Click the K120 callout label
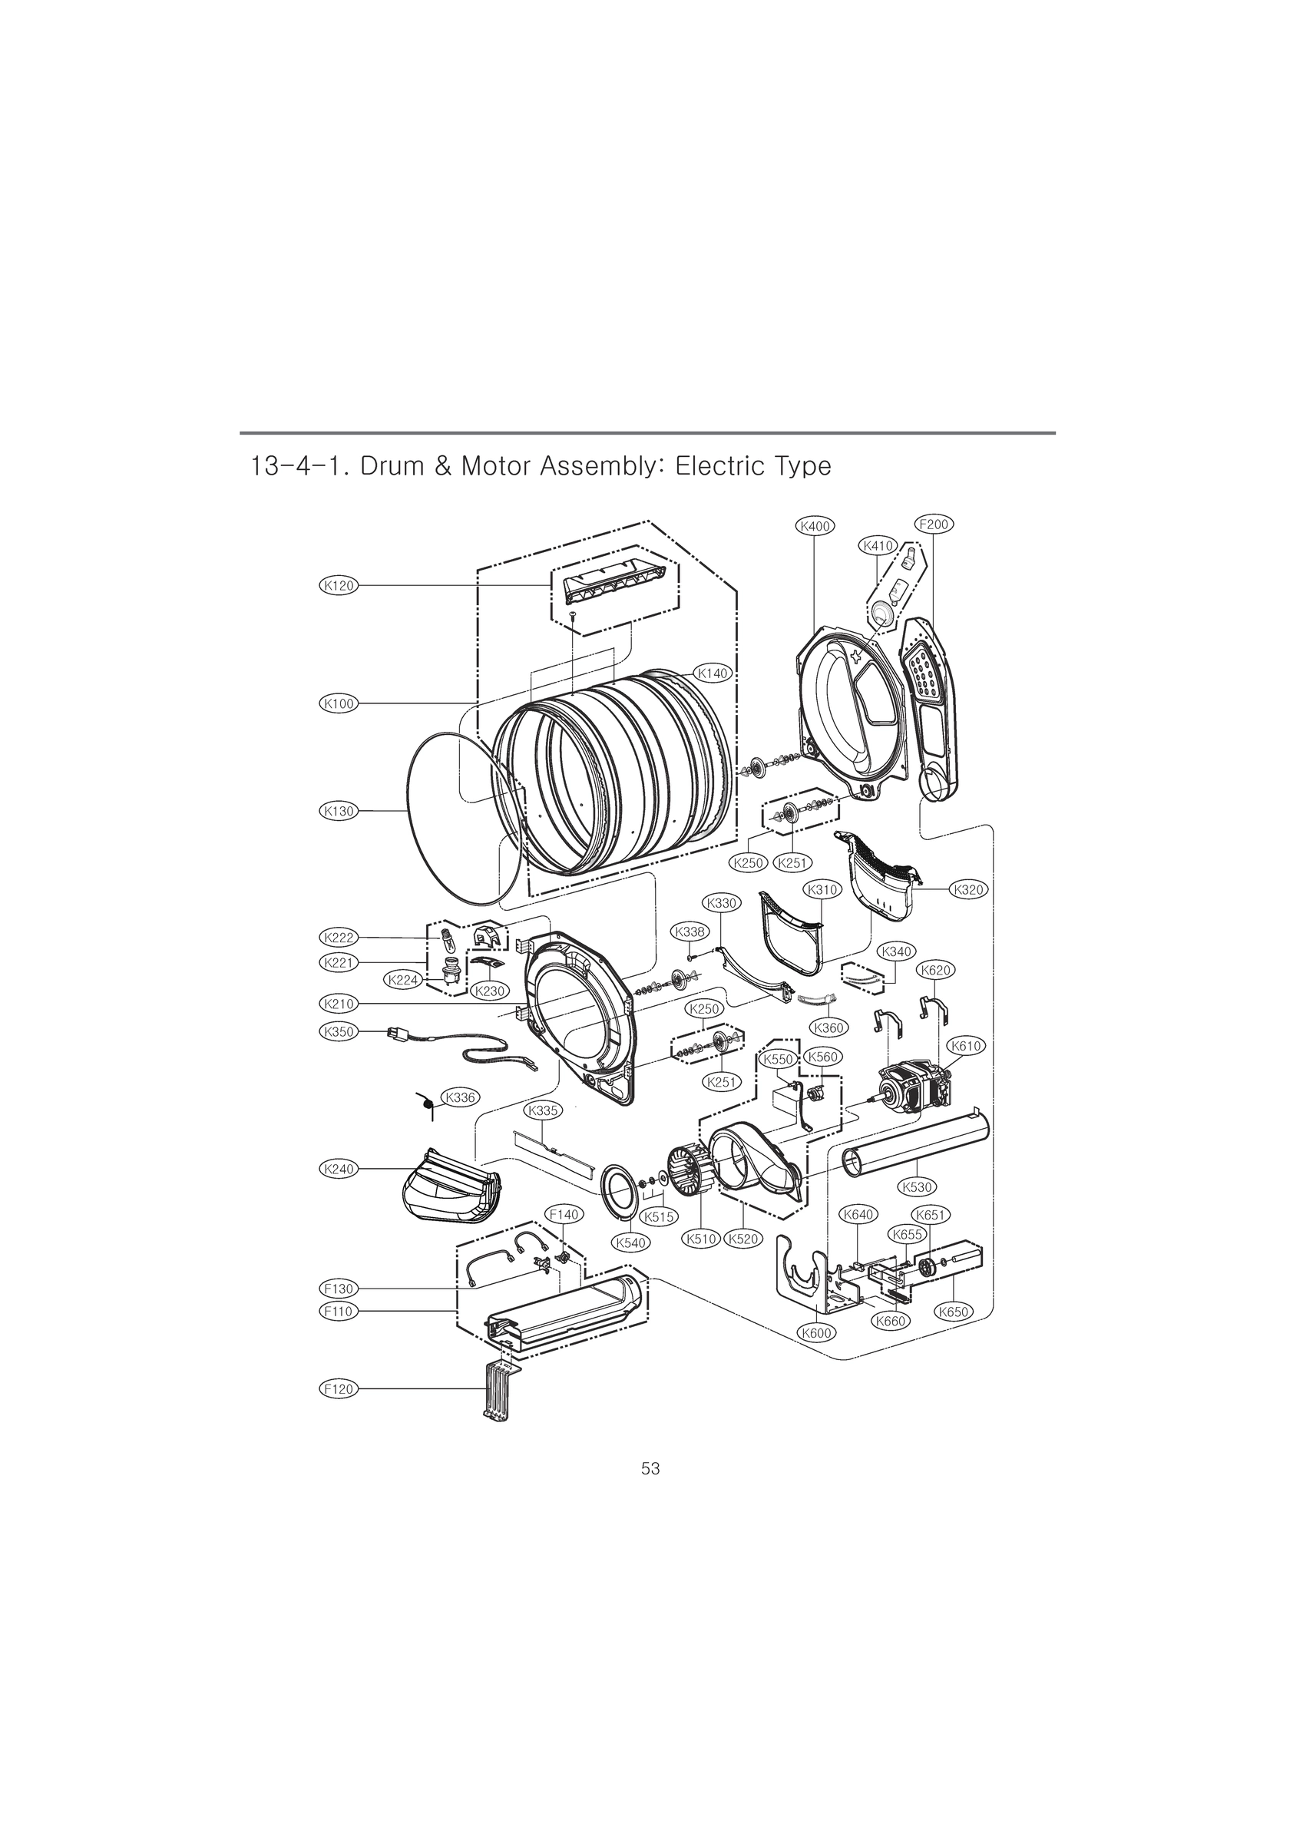(x=338, y=586)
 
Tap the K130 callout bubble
(x=338, y=812)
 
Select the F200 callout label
(x=934, y=524)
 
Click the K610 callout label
(x=966, y=1046)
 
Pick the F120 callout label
(x=338, y=1388)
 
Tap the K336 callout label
(x=461, y=1097)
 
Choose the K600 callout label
(x=817, y=1333)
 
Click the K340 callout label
(x=896, y=951)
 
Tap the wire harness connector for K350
(x=394, y=1033)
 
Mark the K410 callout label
(x=878, y=546)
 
